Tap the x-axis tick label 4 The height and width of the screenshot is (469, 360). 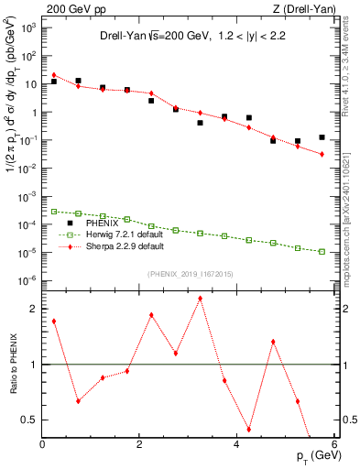[235, 445]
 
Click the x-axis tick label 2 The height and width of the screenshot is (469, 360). [139, 445]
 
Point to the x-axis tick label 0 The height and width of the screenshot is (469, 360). [43, 445]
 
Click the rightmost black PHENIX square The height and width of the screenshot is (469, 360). [322, 137]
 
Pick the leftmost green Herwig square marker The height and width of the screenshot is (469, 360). [54, 212]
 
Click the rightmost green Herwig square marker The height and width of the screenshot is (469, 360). [322, 251]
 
